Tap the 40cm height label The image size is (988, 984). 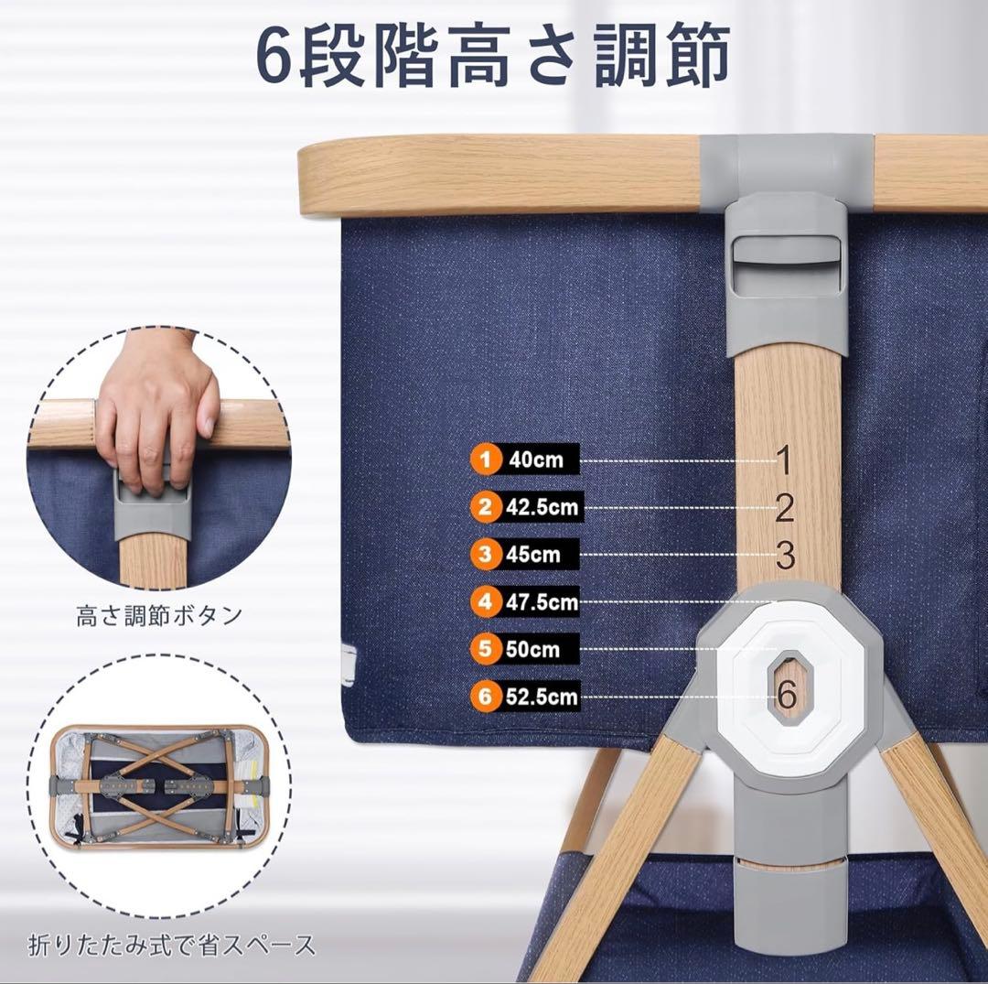pyautogui.click(x=536, y=459)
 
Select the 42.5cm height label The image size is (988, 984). pyautogui.click(x=542, y=506)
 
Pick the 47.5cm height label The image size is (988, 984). pyautogui.click(x=542, y=601)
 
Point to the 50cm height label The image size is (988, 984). pyautogui.click(x=532, y=649)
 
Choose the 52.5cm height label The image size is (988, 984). pyautogui.click(x=542, y=697)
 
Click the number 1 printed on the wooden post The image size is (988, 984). pyautogui.click(x=784, y=460)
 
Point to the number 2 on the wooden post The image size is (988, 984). pyautogui.click(x=784, y=508)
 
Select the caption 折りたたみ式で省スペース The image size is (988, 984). pyautogui.click(x=172, y=944)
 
